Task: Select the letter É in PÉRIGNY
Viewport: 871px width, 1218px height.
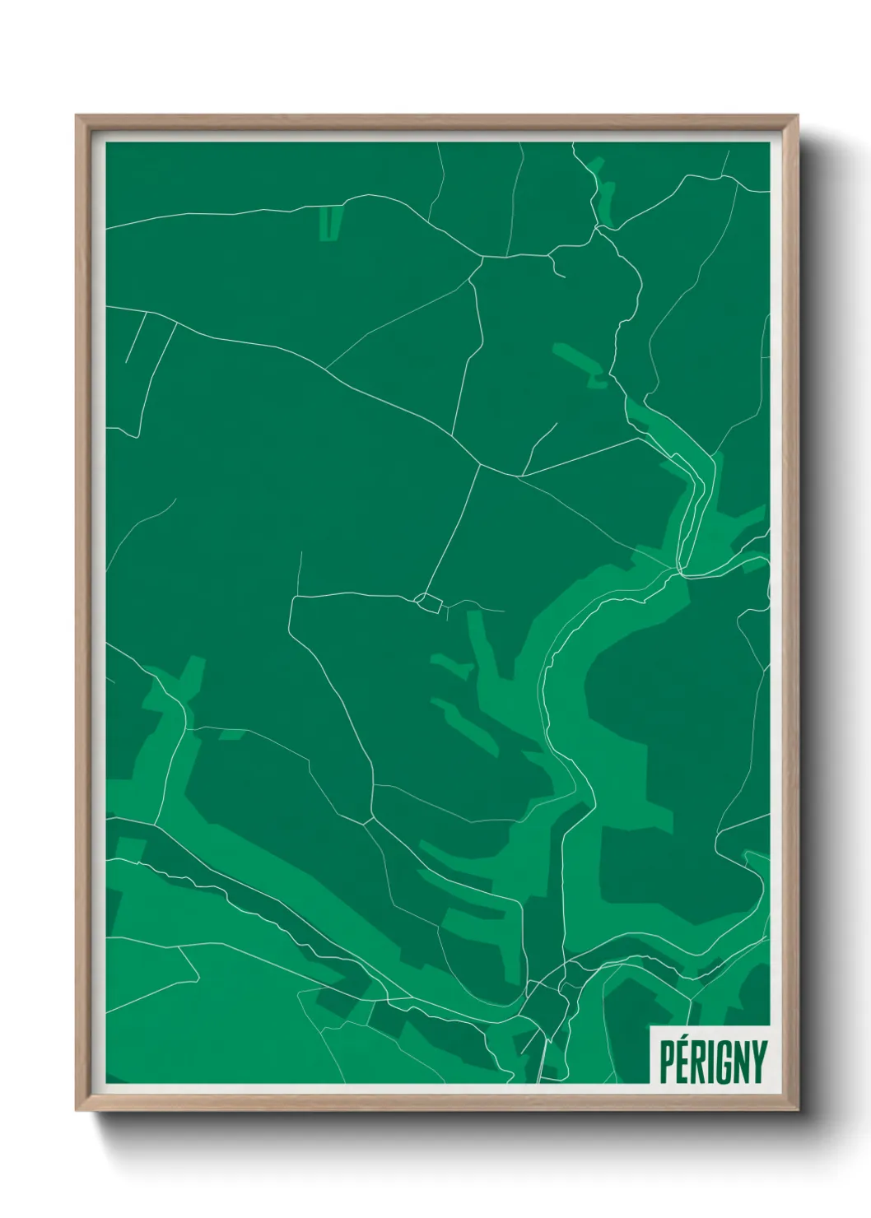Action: click(x=684, y=1062)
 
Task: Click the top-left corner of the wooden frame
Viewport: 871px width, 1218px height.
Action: click(x=78, y=118)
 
